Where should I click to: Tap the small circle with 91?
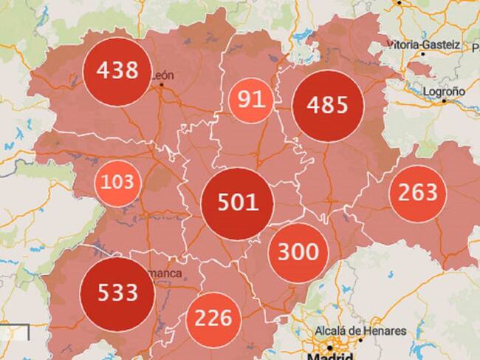click(x=250, y=99)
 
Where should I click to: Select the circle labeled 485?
click(x=329, y=105)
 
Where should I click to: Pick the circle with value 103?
click(x=117, y=181)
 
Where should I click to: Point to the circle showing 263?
click(x=418, y=193)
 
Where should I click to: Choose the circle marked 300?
click(x=298, y=251)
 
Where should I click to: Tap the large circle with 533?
click(x=117, y=292)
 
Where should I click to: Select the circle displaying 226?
click(x=213, y=319)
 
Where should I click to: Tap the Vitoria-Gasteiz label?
click(x=423, y=45)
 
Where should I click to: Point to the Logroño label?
click(x=444, y=91)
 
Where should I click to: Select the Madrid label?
click(x=329, y=356)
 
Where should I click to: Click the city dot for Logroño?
click(x=444, y=102)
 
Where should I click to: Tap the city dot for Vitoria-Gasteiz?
click(x=423, y=53)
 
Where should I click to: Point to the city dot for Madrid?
click(x=329, y=346)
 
